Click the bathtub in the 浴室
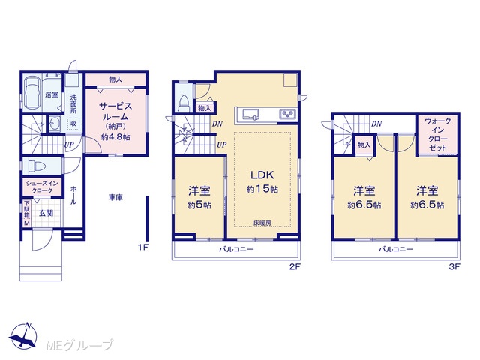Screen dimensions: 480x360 [x=32, y=92]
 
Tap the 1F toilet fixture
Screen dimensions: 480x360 [x=37, y=166]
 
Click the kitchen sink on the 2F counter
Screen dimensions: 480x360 [x=250, y=114]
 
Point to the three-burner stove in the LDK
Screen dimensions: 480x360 [x=287, y=114]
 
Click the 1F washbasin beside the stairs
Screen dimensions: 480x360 [x=55, y=124]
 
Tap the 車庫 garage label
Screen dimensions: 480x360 [x=115, y=198]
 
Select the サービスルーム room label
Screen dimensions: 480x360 [x=115, y=112]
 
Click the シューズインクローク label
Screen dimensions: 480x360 [x=42, y=187]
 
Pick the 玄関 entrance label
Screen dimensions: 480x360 [x=46, y=213]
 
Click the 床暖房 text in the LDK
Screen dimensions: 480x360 [x=262, y=223]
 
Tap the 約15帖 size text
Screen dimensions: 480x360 [x=262, y=190]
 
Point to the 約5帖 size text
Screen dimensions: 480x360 [x=199, y=205]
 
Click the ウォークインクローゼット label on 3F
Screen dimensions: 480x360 [x=438, y=134]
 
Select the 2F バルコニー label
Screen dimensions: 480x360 [x=236, y=249]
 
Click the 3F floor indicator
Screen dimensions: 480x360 [x=454, y=267]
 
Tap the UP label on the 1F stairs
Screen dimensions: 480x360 [x=69, y=145]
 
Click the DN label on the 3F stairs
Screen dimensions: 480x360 [x=376, y=124]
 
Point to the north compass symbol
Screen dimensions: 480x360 [x=23, y=336]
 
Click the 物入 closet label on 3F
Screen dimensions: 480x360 [x=364, y=145]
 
